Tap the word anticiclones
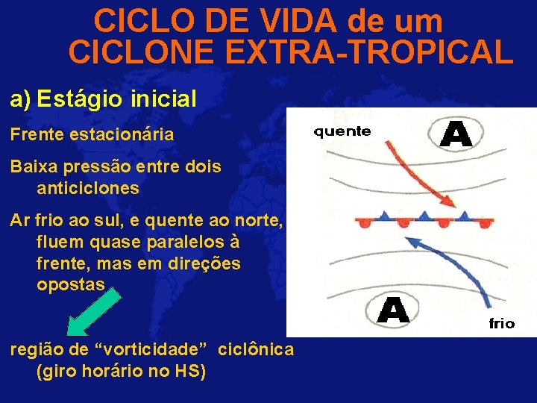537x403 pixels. [87, 188]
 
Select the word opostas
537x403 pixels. [72, 285]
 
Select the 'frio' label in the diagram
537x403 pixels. [501, 323]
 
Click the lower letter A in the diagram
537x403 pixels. [392, 310]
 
